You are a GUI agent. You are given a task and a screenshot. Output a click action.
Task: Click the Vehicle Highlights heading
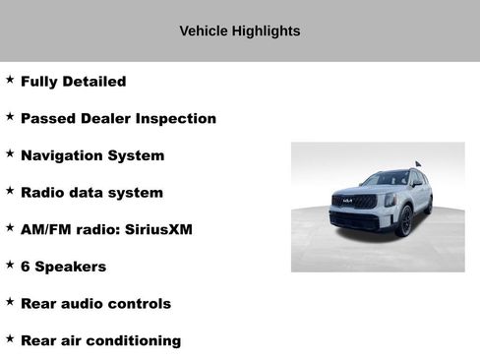click(x=239, y=30)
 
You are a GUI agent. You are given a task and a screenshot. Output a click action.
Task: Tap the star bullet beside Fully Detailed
click(x=10, y=79)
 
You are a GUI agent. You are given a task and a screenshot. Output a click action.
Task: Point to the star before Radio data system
click(x=10, y=190)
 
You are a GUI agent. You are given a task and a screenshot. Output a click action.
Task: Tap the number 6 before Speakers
click(x=26, y=267)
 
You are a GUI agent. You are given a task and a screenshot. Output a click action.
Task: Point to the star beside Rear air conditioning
click(x=10, y=338)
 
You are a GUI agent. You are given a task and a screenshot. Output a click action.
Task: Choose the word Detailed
click(x=91, y=82)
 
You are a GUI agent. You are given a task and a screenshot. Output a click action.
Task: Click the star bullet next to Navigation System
click(x=10, y=153)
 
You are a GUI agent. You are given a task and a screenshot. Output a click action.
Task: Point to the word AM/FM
click(x=44, y=229)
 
